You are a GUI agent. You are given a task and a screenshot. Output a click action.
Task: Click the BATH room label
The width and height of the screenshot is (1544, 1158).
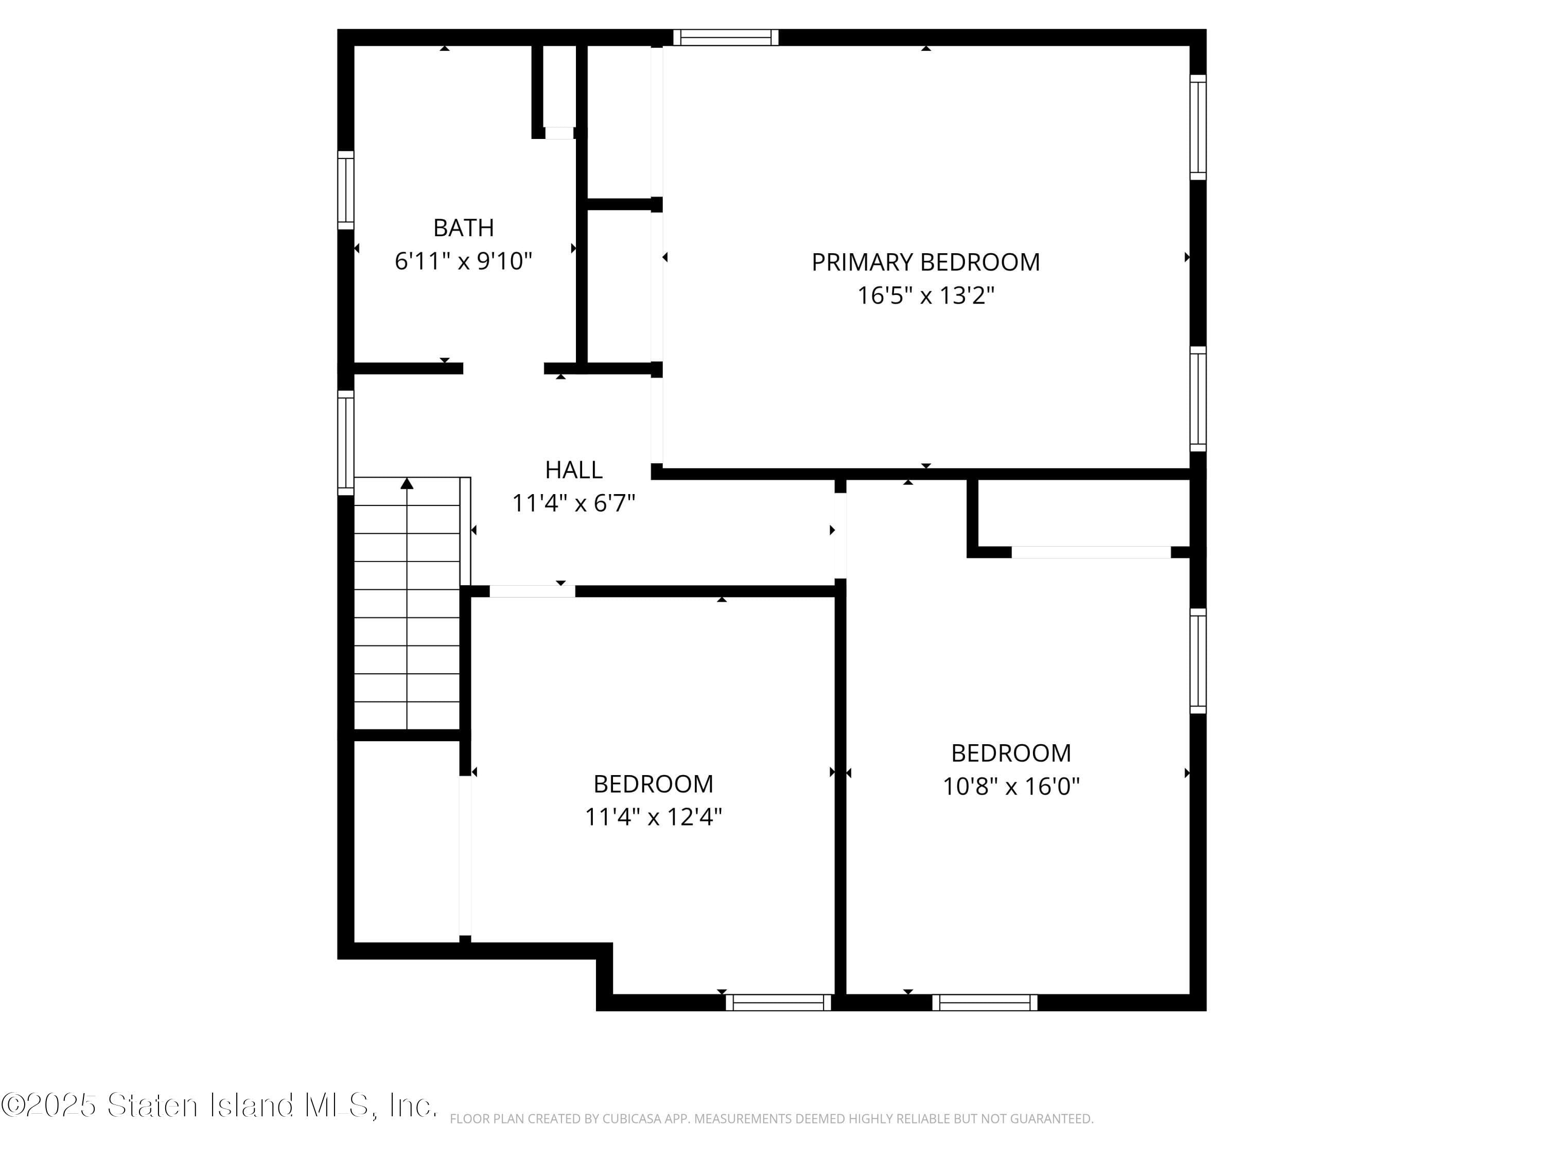coord(464,227)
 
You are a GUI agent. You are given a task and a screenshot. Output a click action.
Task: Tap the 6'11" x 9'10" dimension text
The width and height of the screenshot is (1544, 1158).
coord(464,261)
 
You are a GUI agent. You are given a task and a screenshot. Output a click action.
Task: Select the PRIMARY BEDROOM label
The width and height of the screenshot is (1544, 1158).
coord(925,262)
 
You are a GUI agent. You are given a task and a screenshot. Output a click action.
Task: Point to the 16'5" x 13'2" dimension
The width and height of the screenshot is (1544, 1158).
coord(925,295)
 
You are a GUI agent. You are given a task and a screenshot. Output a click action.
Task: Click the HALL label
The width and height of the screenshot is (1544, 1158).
coord(574,470)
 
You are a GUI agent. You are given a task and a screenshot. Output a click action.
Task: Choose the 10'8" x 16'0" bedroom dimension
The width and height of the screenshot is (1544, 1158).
coord(1011,786)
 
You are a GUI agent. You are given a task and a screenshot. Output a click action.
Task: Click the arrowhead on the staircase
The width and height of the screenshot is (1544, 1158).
coord(407,484)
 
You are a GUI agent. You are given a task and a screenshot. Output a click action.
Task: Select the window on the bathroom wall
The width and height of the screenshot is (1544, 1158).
coord(345,190)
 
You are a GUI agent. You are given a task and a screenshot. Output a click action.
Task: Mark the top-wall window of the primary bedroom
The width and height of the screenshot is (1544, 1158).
coord(726,38)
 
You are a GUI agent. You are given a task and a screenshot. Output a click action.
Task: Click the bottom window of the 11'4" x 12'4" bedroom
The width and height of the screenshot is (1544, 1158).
coord(778,1003)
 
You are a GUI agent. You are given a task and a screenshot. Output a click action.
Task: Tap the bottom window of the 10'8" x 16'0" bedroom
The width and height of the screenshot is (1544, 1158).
coord(985,1003)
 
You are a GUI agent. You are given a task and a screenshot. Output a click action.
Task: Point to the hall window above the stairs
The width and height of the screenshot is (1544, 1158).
coord(345,443)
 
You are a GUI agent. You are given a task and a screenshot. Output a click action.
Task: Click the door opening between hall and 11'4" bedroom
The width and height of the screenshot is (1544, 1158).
coord(532,591)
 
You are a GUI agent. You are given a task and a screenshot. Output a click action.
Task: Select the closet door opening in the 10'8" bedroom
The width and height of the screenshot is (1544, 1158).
coord(1091,552)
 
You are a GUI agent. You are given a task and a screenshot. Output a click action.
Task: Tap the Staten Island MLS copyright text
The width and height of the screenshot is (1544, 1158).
coord(219,1106)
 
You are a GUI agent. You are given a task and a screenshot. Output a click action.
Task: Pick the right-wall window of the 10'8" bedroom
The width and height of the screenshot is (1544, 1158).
coord(1198,661)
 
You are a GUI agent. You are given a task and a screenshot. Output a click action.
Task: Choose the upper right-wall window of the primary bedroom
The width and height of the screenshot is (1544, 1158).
coord(1198,127)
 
